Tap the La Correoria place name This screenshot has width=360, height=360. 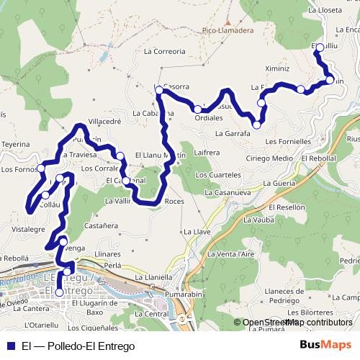(164, 52)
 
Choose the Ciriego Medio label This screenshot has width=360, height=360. (269, 158)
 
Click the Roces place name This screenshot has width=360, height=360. (174, 202)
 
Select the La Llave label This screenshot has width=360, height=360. (197, 232)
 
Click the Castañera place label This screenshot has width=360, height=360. (101, 226)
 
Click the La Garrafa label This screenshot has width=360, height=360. (232, 134)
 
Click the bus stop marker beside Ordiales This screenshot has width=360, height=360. (197, 109)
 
